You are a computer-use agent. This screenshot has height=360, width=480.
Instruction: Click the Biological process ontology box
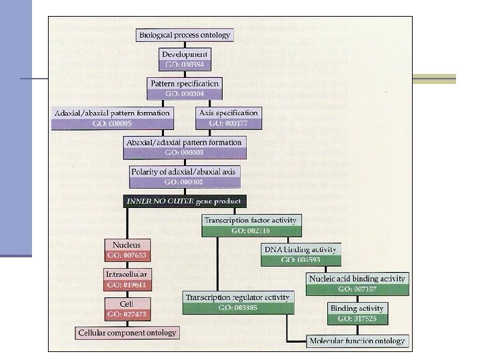(184, 35)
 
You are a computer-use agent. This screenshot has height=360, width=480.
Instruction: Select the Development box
(184, 59)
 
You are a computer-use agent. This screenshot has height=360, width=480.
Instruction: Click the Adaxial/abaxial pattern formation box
(113, 117)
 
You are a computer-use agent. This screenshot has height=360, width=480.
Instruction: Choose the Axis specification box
(224, 117)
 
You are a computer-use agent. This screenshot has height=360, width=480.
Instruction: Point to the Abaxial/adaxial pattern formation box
(184, 147)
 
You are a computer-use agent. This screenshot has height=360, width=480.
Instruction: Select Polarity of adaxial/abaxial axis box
(184, 176)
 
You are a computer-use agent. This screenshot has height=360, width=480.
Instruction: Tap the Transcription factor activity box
(251, 224)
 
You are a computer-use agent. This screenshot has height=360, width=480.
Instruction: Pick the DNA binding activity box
(299, 254)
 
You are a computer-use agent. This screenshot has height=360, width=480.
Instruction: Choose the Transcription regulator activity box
(239, 302)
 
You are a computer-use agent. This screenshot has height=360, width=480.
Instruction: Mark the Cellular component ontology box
(127, 332)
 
